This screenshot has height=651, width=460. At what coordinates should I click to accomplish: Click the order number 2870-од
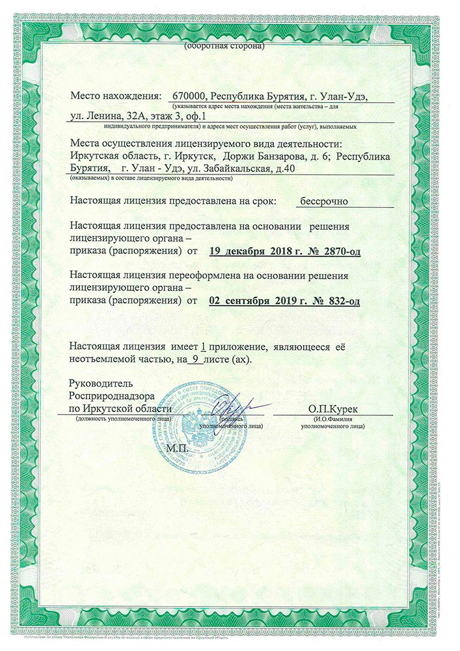point(335,250)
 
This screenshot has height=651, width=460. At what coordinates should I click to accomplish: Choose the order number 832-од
point(337,301)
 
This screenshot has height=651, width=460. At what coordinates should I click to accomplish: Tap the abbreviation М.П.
point(176,449)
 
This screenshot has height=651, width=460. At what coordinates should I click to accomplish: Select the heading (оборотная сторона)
point(224,46)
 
